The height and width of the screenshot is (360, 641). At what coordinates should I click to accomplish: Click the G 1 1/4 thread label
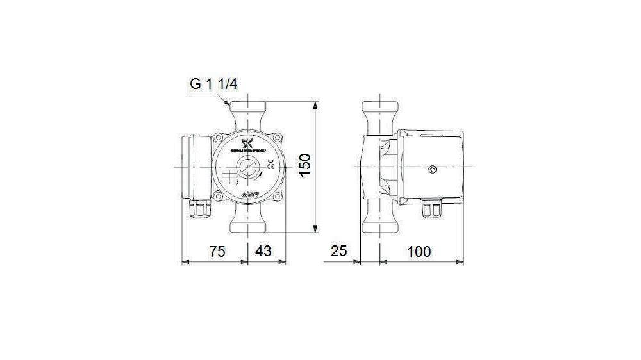point(214,84)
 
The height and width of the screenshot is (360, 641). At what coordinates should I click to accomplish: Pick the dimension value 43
point(263,252)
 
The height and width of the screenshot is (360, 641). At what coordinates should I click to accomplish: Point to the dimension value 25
point(339,252)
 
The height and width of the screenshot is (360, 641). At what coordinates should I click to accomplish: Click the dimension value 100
point(419,252)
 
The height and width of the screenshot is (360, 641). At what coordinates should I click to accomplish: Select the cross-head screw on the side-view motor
point(432,170)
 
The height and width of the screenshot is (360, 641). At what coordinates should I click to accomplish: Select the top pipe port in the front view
point(248,113)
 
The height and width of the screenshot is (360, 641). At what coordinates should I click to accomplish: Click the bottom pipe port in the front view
point(248,222)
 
